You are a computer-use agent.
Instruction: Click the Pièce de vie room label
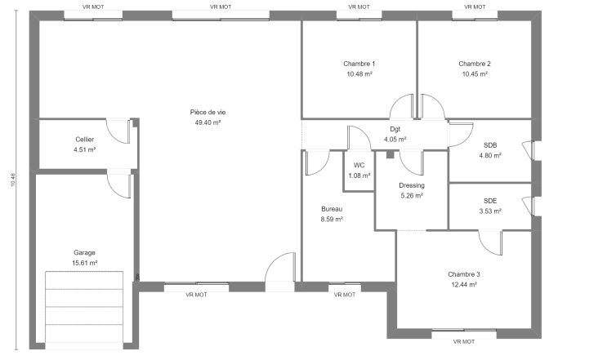click(208, 113)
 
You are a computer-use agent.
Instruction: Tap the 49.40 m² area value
click(208, 122)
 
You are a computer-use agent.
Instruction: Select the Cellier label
click(85, 140)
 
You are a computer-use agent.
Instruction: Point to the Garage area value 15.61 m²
click(84, 263)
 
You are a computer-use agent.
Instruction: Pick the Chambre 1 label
click(359, 64)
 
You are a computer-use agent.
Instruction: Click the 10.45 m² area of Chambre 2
click(475, 73)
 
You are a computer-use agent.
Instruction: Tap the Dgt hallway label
click(395, 129)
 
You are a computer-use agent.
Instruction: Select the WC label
click(359, 165)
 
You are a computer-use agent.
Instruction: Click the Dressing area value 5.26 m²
click(412, 195)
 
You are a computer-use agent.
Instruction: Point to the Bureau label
click(332, 209)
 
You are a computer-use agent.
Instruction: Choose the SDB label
click(490, 145)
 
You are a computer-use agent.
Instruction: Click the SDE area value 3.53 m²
click(490, 211)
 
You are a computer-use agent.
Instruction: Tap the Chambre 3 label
click(464, 274)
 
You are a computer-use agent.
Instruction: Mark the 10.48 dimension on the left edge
click(13, 180)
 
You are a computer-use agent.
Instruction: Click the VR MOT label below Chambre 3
click(464, 342)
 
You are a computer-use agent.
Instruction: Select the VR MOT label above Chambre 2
click(475, 7)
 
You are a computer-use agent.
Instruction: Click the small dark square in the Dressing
click(390, 154)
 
